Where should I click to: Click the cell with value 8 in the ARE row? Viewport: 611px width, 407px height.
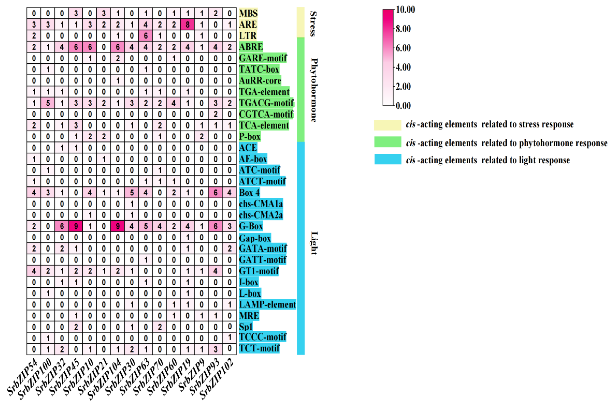point(188,25)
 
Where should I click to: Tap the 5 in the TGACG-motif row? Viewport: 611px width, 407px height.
point(48,103)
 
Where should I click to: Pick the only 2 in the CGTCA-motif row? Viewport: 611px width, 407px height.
point(215,114)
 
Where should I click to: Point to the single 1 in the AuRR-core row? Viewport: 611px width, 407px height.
point(118,81)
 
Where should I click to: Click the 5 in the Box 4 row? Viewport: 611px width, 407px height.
point(132,193)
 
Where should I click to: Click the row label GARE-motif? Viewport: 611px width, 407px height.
point(263,58)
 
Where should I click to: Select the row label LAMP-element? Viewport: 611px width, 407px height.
point(267,304)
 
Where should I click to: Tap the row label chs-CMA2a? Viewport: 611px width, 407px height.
point(261,215)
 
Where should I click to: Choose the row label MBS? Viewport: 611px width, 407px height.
point(248,13)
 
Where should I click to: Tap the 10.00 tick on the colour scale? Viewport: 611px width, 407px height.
point(405,10)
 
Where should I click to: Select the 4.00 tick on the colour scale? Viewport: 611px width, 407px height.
point(403,67)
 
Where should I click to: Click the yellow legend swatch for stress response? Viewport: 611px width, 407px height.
point(387,125)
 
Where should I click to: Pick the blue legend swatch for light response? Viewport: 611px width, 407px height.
point(388,159)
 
